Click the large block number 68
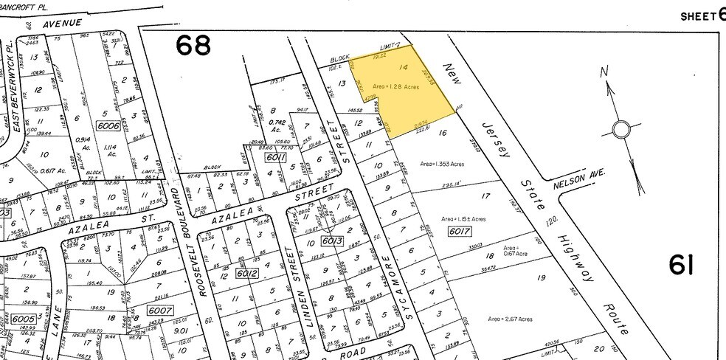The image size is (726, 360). (x=193, y=46)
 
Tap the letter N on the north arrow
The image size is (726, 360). (x=604, y=72)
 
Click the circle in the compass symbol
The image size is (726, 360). (x=621, y=131)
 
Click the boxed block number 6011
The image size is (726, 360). (x=275, y=156)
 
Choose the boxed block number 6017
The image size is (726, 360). (x=459, y=232)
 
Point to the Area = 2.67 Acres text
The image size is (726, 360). (x=510, y=319)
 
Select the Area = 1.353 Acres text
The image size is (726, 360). (x=443, y=163)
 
